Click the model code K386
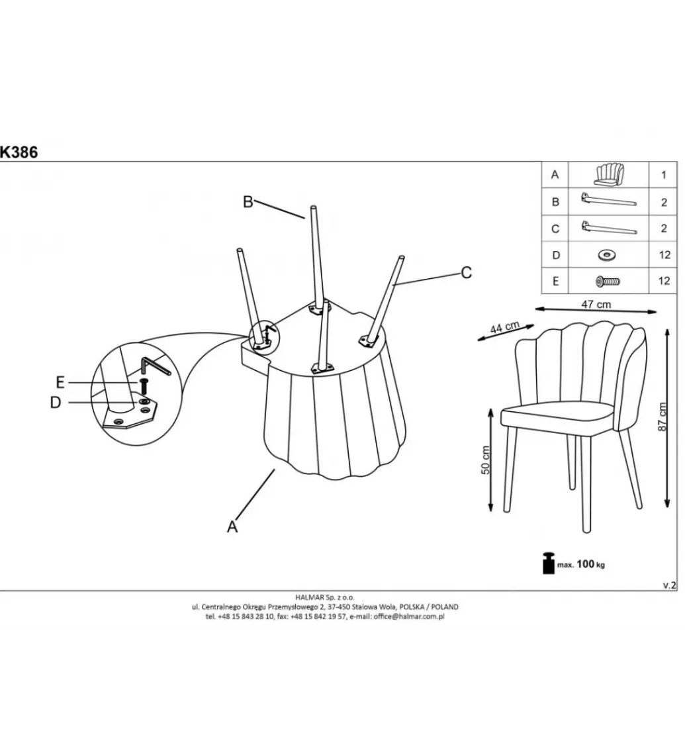point(19,152)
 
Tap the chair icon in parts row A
point(608,174)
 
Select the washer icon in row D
point(608,255)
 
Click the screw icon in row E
point(608,281)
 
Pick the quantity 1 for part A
point(664,174)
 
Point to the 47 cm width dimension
point(596,304)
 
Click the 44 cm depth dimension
point(504,327)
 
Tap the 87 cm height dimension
point(663,417)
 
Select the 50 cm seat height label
point(485,460)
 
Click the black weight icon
point(549,563)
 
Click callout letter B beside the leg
point(248,202)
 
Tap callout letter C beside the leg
point(466,273)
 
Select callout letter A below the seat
point(232,527)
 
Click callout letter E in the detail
point(60,382)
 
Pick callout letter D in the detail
point(56,402)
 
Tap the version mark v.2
point(670,585)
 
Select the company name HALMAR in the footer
point(311,597)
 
